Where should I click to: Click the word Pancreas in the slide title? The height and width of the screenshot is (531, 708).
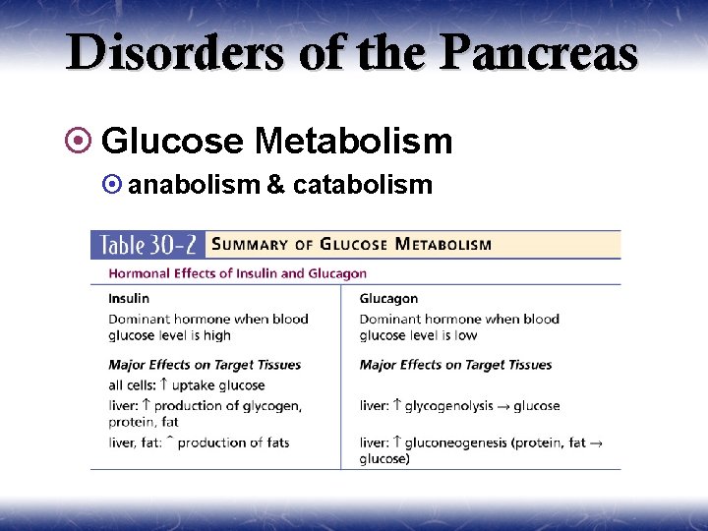point(539,53)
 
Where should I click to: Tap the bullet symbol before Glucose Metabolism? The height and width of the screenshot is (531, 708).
point(85,142)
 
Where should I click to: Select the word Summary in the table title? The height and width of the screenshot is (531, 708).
point(251,244)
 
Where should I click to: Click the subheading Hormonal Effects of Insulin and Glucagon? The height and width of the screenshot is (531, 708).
point(237,273)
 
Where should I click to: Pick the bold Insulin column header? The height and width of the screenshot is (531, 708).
point(129,298)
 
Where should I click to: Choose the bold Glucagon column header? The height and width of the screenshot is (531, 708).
point(388,298)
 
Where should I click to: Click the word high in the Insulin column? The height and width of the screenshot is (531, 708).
point(216,335)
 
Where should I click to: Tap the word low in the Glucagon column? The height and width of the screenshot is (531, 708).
point(466,335)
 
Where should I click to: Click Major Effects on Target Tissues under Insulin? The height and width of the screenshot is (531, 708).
point(205,365)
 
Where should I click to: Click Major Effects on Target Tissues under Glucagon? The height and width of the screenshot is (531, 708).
point(455,365)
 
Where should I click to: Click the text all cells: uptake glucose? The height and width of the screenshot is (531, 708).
point(186,385)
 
